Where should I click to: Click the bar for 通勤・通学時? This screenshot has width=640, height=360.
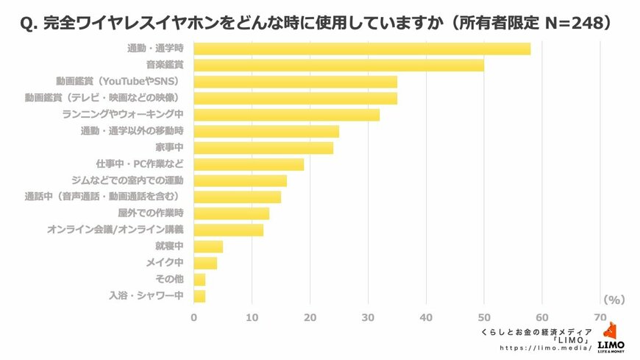coord(362,49)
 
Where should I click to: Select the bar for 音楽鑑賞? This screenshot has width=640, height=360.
coord(338,66)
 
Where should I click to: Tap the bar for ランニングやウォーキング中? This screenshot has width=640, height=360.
coord(286,115)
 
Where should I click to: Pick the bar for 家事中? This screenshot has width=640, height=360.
coord(263,148)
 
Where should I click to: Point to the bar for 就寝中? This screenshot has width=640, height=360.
coord(208,247)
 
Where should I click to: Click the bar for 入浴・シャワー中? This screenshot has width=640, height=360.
coord(199,296)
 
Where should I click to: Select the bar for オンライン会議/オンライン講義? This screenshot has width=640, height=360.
coord(228,230)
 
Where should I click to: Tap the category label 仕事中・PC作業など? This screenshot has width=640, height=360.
coord(139,163)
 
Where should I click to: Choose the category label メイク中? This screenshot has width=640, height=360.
coord(166,263)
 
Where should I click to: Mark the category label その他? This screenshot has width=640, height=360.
coord(169,279)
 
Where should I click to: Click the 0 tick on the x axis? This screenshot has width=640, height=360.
coord(194,317)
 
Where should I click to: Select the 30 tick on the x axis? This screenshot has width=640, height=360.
coord(368,317)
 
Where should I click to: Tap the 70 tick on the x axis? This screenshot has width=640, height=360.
coord(600,317)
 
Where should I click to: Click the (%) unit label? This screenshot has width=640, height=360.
coord(613,300)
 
